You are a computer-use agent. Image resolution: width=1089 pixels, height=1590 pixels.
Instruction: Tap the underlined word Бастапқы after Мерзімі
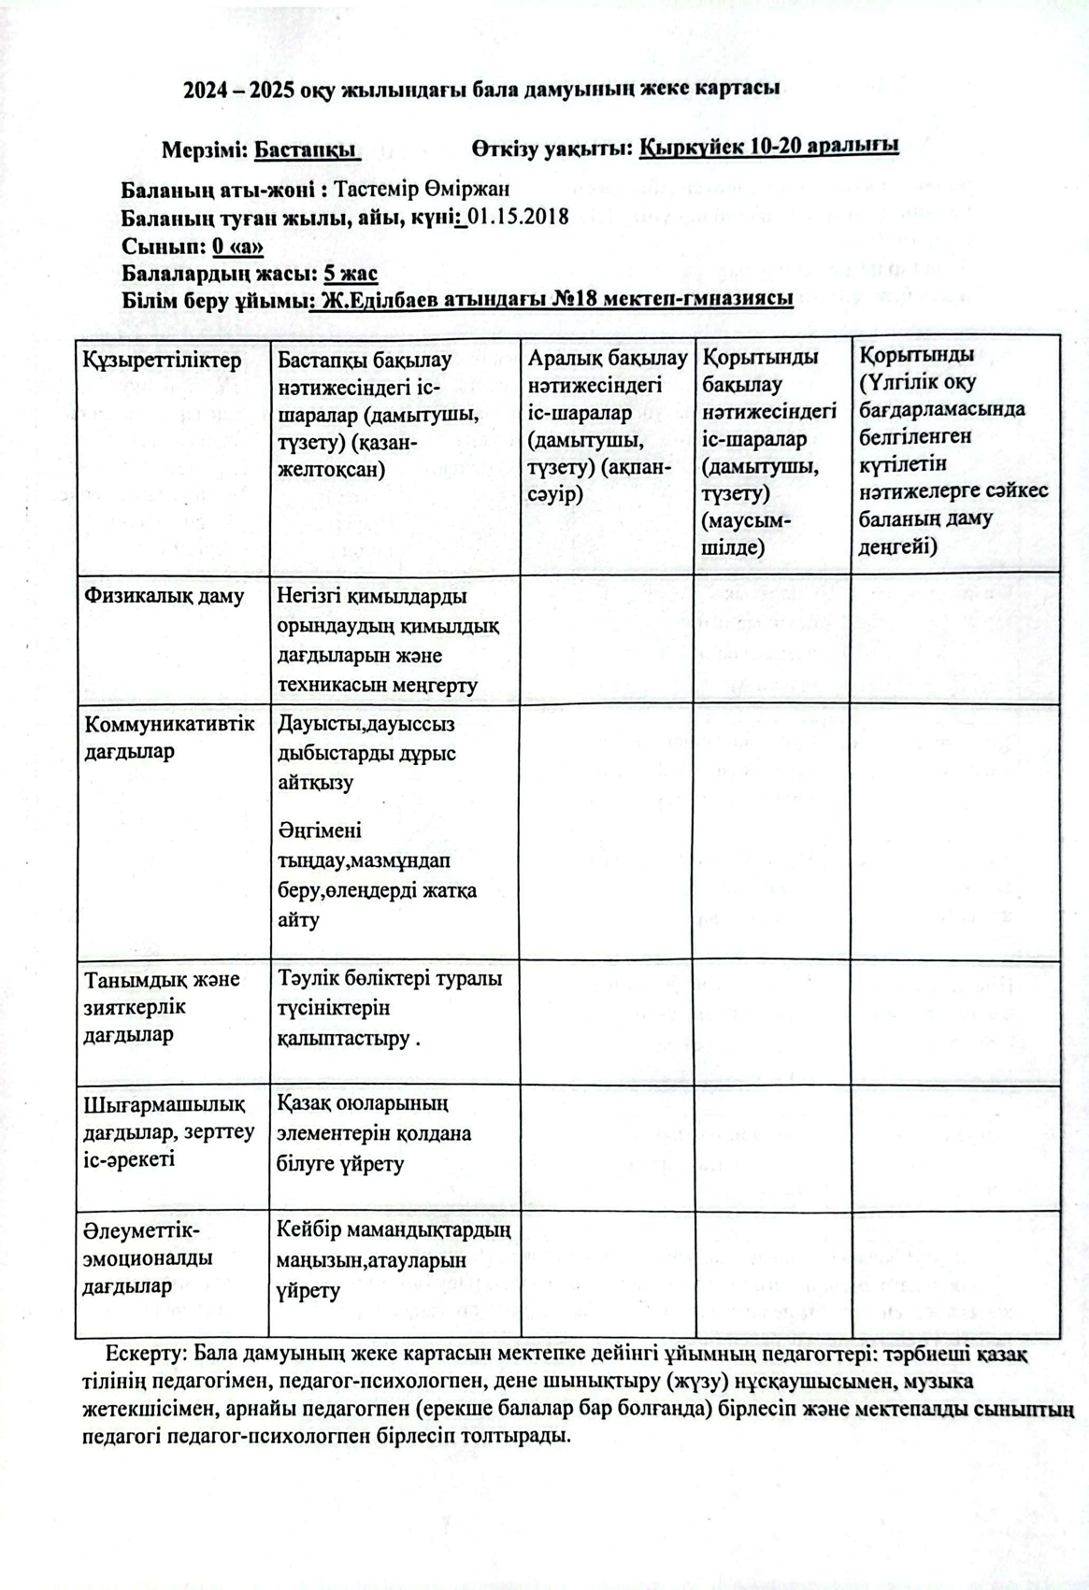tap(307, 149)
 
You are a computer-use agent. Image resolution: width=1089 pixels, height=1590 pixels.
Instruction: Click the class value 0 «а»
tap(237, 247)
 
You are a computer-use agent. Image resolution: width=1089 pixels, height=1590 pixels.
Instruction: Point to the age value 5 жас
tap(350, 274)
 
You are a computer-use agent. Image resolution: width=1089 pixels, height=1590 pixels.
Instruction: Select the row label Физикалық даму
tap(165, 596)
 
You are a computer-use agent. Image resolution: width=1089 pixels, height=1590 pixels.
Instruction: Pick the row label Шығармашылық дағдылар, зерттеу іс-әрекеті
tap(168, 1131)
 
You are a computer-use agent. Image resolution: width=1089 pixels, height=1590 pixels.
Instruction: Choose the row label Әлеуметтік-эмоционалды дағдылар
tap(148, 1257)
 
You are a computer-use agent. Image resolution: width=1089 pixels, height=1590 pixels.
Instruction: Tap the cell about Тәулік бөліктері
tap(389, 1008)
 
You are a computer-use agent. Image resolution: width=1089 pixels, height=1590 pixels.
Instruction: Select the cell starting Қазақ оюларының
tap(374, 1133)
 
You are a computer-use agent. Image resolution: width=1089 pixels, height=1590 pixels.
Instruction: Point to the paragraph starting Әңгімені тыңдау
tap(377, 874)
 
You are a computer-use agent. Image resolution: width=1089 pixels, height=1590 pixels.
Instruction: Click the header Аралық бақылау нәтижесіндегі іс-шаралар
tap(607, 425)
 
